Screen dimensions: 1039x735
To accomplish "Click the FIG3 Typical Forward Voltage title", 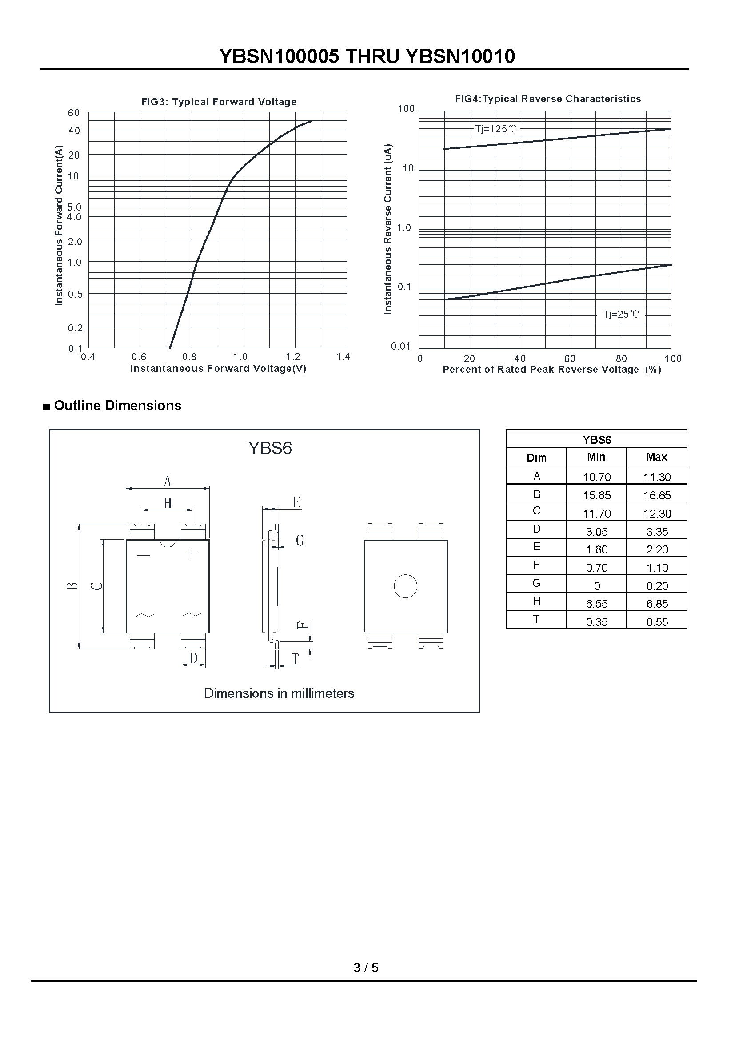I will [219, 102].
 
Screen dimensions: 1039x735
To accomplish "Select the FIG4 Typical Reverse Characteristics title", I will [547, 99].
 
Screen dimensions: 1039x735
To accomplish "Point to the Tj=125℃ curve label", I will [495, 129].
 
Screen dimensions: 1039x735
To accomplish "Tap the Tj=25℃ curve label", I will [621, 314].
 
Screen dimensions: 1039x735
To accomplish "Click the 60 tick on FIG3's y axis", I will [74, 113].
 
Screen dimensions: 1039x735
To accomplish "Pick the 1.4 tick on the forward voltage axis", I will [343, 357].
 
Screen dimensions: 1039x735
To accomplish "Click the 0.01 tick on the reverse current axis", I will [400, 346].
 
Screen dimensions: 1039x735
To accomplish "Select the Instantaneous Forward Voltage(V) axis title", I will [218, 368].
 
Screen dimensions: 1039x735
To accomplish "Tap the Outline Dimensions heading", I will [117, 405].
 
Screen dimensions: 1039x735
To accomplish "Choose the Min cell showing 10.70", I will [596, 477].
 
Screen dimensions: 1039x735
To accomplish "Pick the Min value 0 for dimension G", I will [596, 586].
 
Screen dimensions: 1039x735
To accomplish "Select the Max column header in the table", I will [656, 457].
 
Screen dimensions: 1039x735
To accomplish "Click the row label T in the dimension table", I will [536, 619].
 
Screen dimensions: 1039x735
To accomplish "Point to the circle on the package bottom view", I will [405, 586].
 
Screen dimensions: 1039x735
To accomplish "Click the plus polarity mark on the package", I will [191, 554].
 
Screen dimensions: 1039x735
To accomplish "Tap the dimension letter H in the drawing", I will [168, 503].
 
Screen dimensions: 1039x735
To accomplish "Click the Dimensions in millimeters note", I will [279, 693].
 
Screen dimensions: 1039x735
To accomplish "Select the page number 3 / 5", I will [366, 967].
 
